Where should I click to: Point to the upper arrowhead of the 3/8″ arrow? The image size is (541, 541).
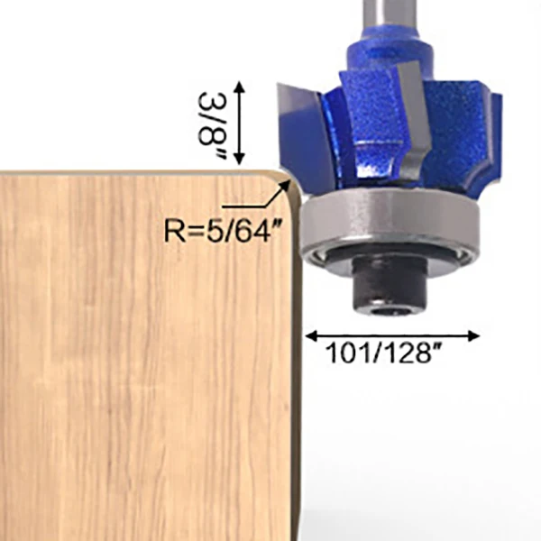pos(240,85)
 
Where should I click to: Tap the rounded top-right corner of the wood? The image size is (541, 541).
pos(281,180)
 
